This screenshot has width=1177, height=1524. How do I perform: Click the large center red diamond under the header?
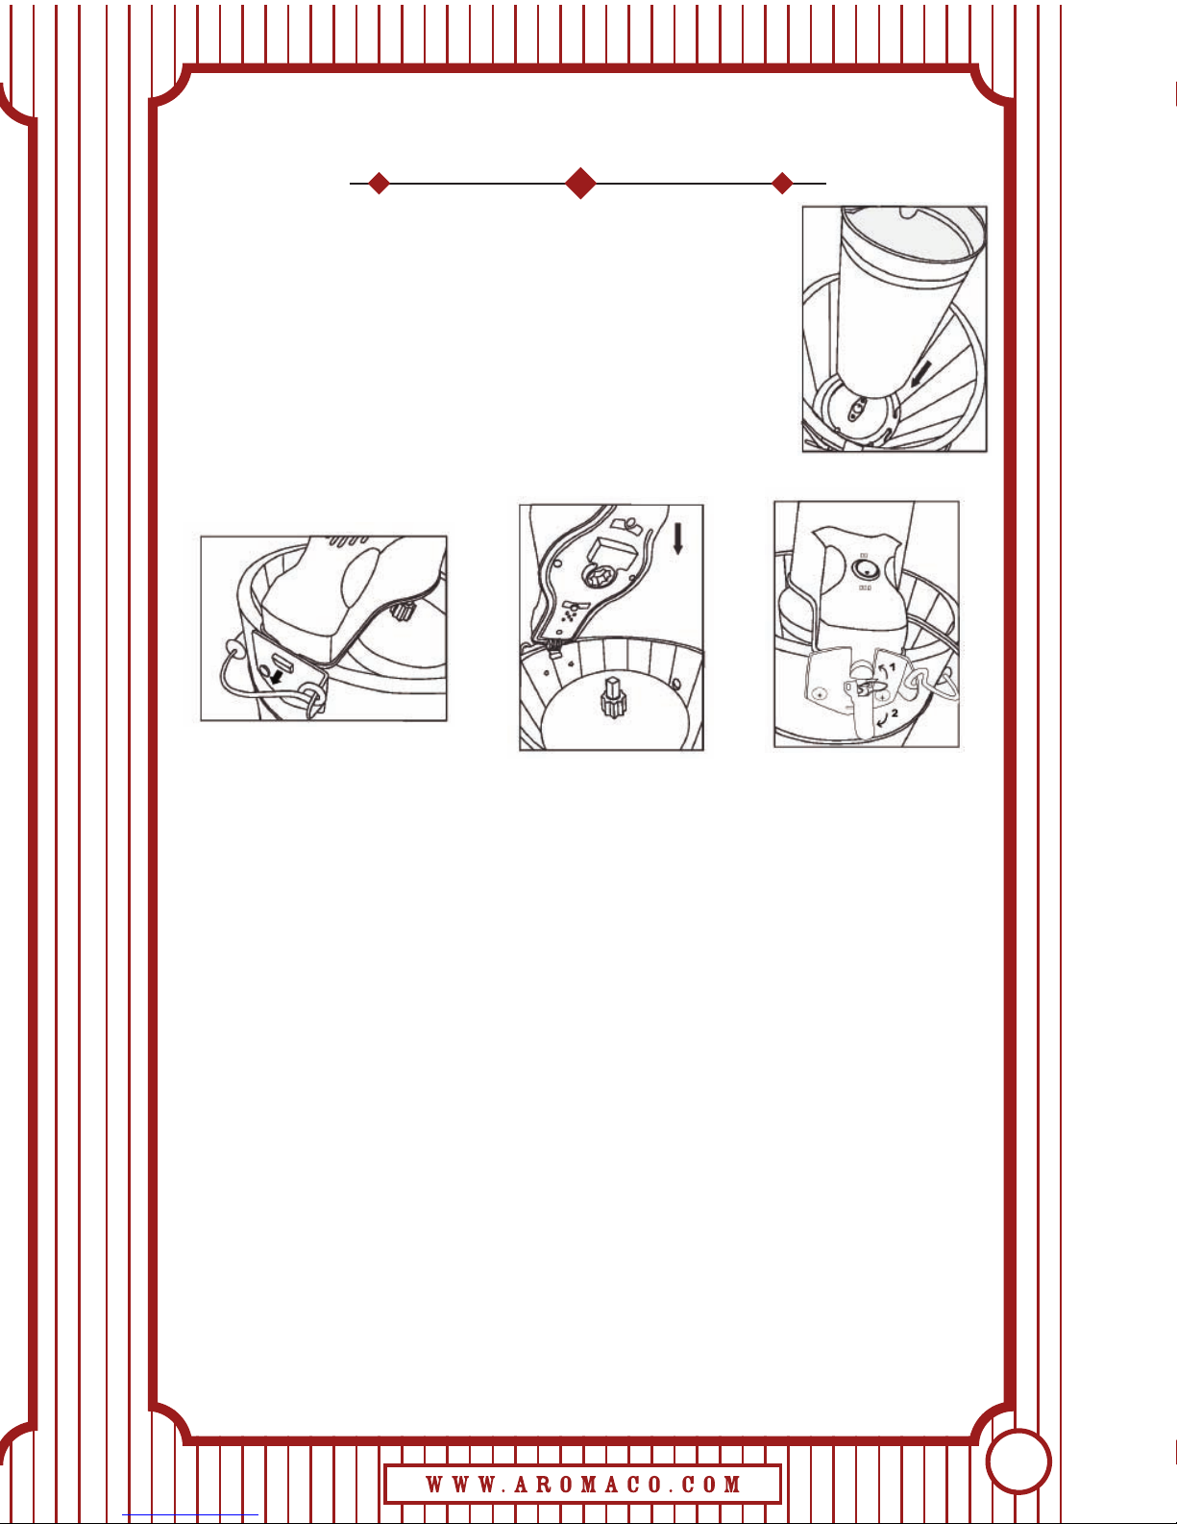coord(580,183)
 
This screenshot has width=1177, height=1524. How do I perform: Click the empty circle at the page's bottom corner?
coord(1018,1462)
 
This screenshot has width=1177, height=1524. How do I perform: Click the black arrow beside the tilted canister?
coord(922,373)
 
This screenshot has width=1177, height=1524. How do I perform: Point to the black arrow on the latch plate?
coord(279,676)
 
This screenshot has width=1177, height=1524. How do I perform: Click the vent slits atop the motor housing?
coord(348,541)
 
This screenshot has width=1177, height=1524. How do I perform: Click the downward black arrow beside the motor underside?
coord(677,540)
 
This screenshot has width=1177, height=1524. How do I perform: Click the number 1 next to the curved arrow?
coord(892,667)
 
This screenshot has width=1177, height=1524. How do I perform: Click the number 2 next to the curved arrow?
coord(895,713)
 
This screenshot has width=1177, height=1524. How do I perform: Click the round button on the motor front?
coord(865,570)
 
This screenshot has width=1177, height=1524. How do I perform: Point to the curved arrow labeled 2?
coord(882,718)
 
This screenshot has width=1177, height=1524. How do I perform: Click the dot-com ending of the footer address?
coord(712,1484)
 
